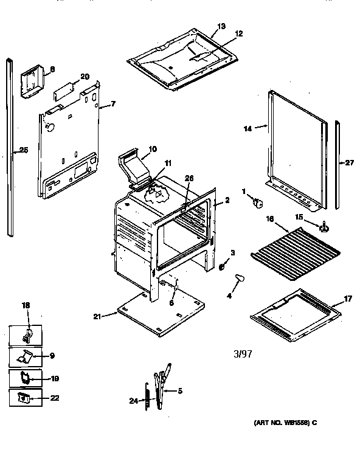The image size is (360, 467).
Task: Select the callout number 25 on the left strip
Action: (x=23, y=150)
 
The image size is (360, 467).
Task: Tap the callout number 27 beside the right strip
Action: (x=348, y=162)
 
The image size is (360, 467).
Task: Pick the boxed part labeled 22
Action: (x=24, y=398)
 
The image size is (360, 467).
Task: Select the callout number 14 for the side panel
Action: (x=248, y=128)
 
